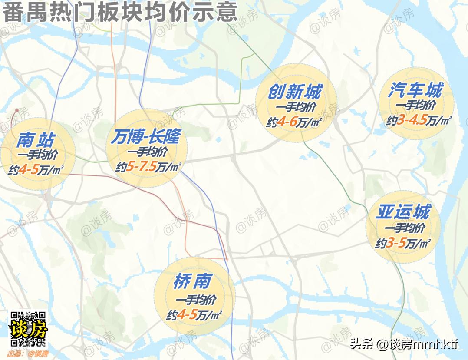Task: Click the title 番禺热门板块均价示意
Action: tap(120, 12)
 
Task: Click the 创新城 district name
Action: tap(295, 92)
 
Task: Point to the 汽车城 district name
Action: tap(415, 91)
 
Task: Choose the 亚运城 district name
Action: tap(403, 212)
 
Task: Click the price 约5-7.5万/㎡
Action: tap(148, 167)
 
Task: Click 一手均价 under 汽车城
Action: tap(415, 106)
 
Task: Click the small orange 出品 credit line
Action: tap(27, 353)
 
